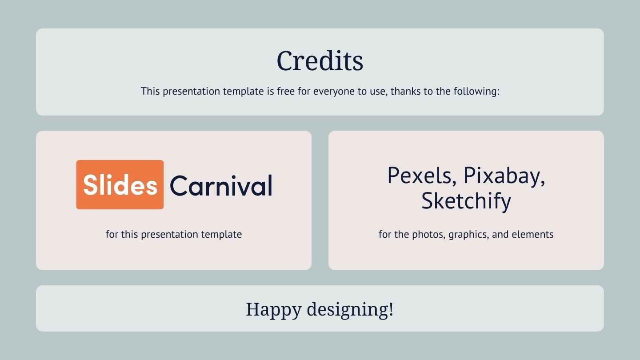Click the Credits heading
coord(320,60)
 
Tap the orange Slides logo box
coord(120,184)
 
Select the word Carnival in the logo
coord(221,186)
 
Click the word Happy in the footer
coord(274,310)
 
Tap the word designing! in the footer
coord(350,309)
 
